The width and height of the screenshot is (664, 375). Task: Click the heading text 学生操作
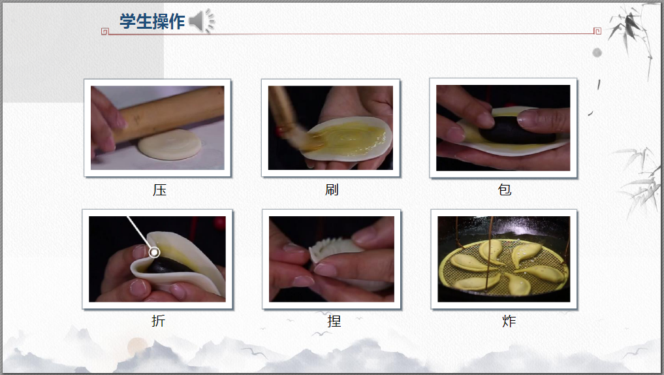coord(152,21)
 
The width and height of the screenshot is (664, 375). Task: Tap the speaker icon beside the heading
coord(202,21)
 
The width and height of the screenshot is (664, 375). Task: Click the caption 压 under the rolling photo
coord(160,190)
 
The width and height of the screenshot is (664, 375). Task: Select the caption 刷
coord(332,189)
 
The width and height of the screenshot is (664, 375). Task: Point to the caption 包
coord(504,189)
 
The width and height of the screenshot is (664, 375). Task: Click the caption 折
coord(158,321)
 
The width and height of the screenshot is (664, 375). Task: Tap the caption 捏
coord(334,321)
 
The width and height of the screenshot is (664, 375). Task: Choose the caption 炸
coord(509,321)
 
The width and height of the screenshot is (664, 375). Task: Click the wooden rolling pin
coord(169,114)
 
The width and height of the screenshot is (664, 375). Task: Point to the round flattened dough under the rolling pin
coord(170,144)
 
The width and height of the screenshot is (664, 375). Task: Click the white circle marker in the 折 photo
coord(155,253)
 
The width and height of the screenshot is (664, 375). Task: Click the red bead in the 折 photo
coord(219,222)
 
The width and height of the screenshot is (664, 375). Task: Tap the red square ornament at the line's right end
coord(597,31)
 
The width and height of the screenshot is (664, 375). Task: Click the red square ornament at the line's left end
coord(105,31)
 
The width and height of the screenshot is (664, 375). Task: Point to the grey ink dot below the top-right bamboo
coord(597,53)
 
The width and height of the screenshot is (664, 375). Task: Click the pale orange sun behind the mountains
coord(138,346)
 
